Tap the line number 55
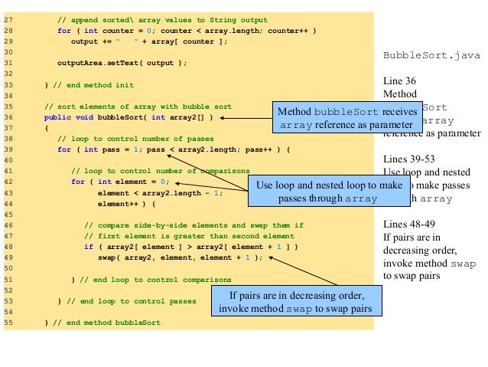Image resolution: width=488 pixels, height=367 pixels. pos(9,323)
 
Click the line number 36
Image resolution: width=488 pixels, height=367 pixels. pos(9,117)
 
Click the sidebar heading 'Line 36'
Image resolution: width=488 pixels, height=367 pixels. pos(401,79)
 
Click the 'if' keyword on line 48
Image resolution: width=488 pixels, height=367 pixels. pos(88,247)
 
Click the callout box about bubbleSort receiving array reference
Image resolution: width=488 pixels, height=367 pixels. pos(337,117)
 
